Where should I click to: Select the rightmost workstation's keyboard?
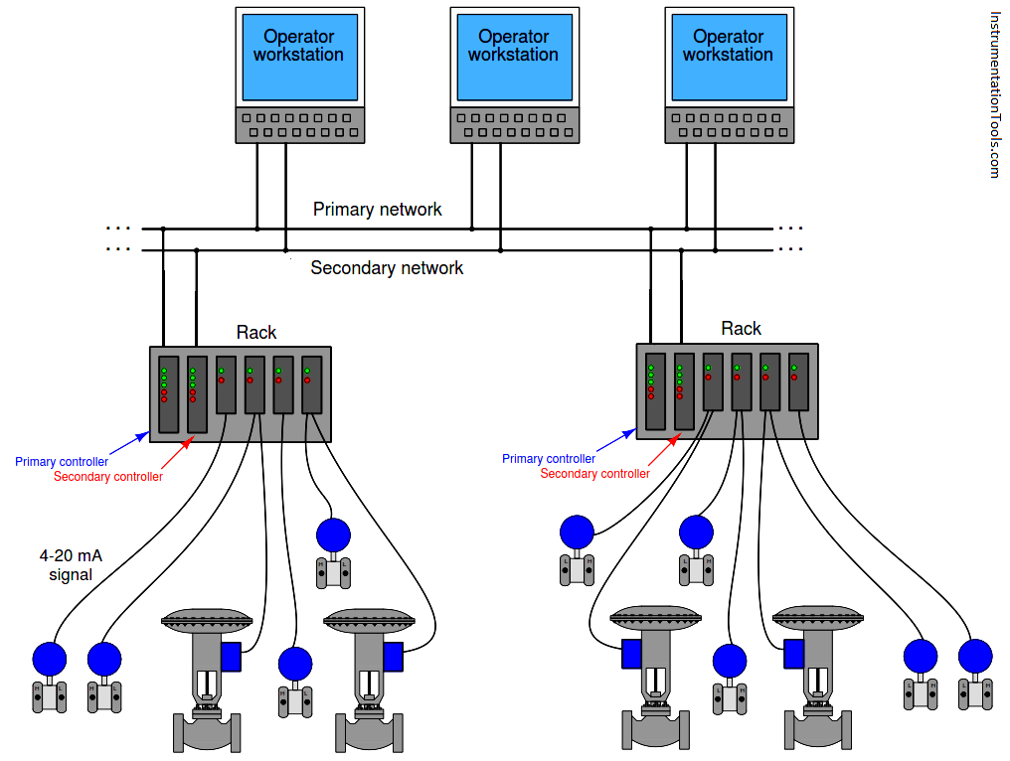pyautogui.click(x=728, y=125)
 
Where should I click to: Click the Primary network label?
pyautogui.click(x=377, y=210)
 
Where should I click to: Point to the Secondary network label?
pyautogui.click(x=387, y=268)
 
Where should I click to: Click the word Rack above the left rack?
pyautogui.click(x=255, y=333)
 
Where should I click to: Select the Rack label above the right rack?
pyautogui.click(x=741, y=329)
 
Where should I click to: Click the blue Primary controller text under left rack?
pyautogui.click(x=61, y=461)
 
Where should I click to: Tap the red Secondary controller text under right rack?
pyautogui.click(x=594, y=474)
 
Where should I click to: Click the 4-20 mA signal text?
pyautogui.click(x=70, y=565)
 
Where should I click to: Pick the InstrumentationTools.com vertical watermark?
pyautogui.click(x=995, y=94)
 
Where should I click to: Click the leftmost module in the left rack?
pyautogui.click(x=168, y=394)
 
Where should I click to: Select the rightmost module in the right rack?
pyautogui.click(x=798, y=382)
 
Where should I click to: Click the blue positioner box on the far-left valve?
pyautogui.click(x=233, y=657)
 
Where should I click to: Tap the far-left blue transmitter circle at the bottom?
pyautogui.click(x=49, y=659)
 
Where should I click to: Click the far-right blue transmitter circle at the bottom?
pyautogui.click(x=975, y=656)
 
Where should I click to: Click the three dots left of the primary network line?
pyautogui.click(x=118, y=228)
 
